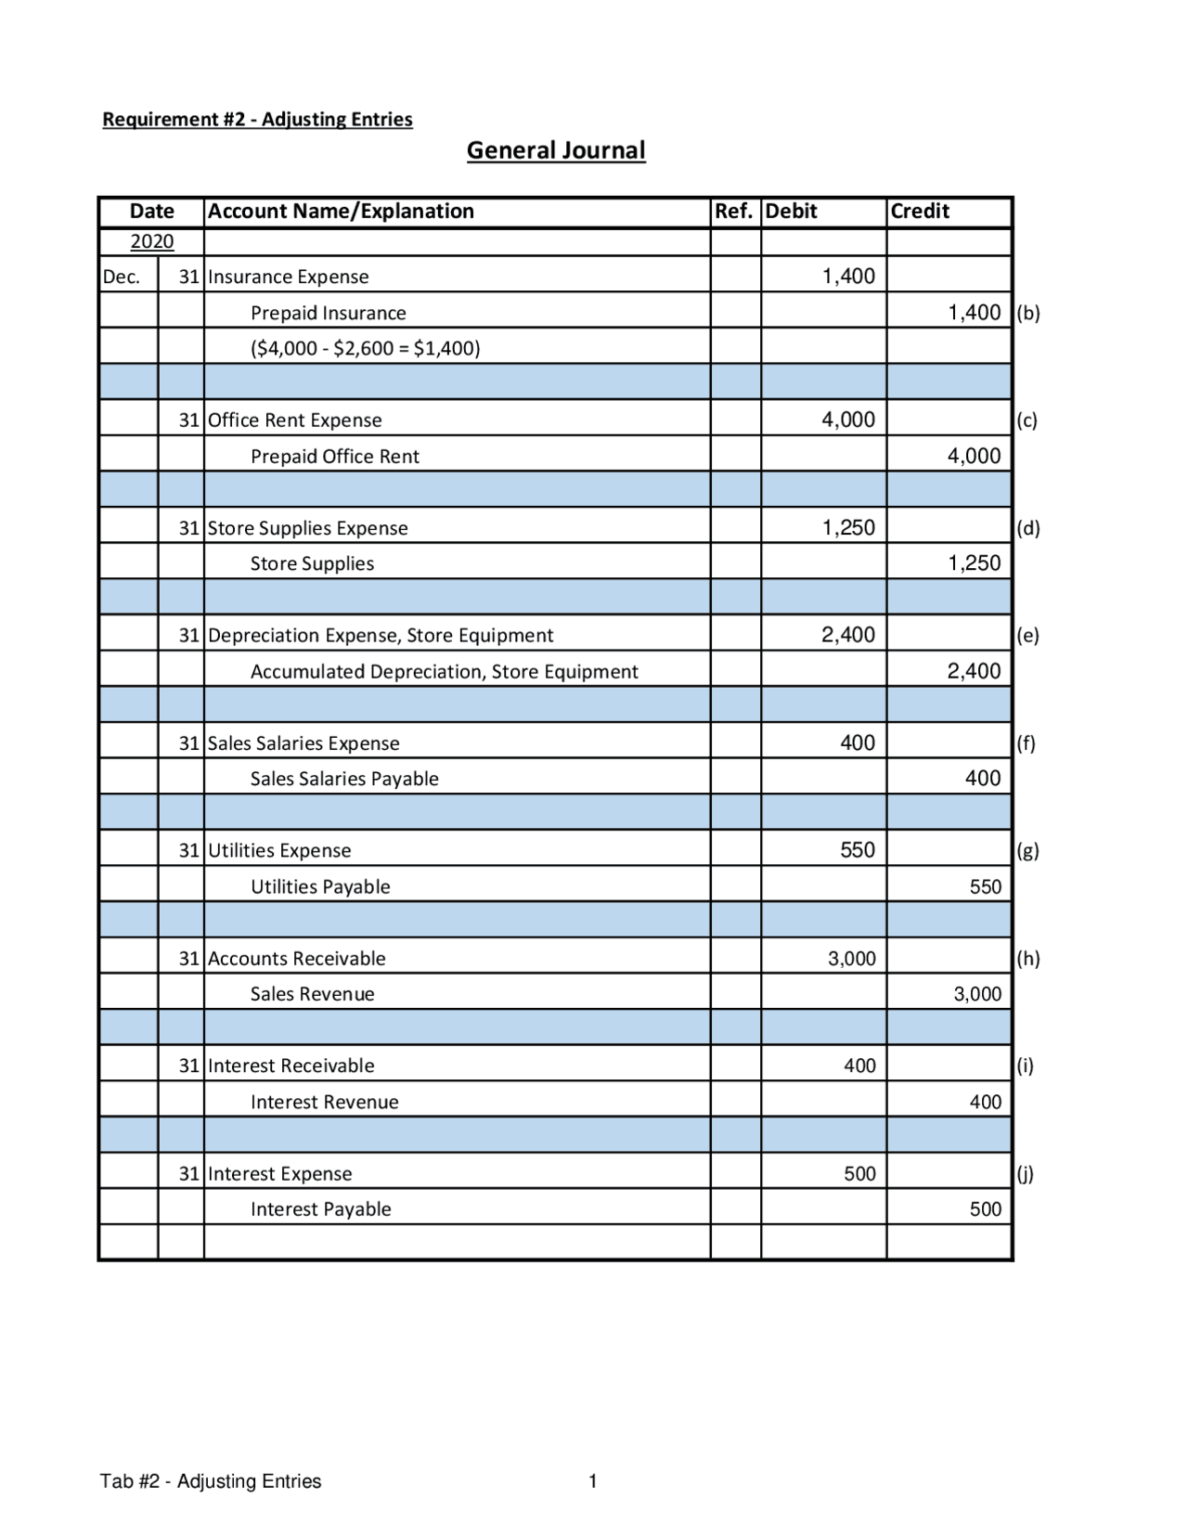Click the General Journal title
click(x=555, y=150)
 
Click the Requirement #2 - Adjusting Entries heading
click(x=257, y=119)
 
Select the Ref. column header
click(x=733, y=212)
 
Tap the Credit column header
click(x=920, y=212)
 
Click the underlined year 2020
click(x=152, y=241)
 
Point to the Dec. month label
click(x=122, y=277)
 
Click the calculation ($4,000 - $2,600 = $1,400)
click(x=366, y=348)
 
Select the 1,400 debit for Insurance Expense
click(x=848, y=276)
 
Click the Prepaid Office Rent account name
click(x=335, y=456)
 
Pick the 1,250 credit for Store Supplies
click(x=974, y=562)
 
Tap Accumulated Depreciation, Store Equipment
click(x=444, y=671)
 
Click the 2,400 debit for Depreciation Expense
click(x=848, y=635)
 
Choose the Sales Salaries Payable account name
click(x=344, y=779)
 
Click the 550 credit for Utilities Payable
click(x=985, y=886)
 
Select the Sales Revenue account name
click(x=313, y=994)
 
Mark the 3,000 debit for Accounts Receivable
click(x=851, y=959)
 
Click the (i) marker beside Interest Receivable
click(x=1025, y=1066)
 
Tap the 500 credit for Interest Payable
click(x=985, y=1209)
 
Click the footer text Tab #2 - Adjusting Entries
click(x=211, y=1481)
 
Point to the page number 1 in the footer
click(x=593, y=1481)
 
